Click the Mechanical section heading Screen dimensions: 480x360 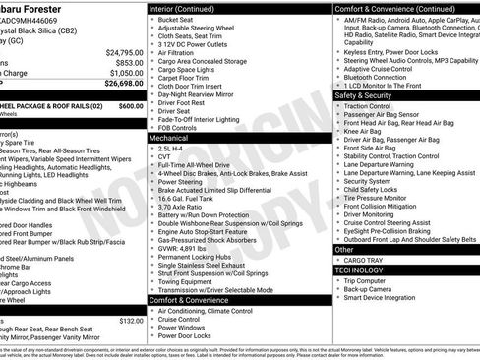click(x=170, y=139)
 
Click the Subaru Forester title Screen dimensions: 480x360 click(x=39, y=7)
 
